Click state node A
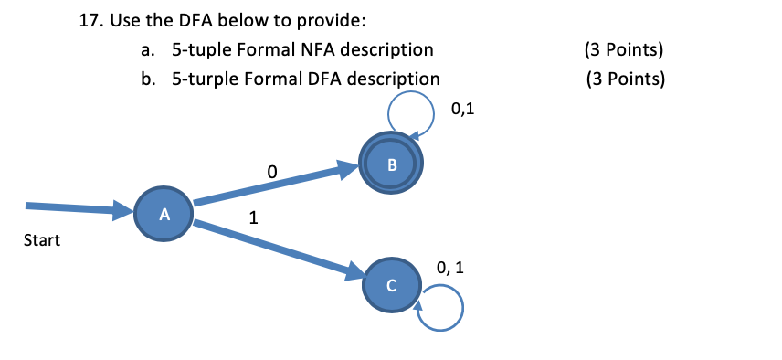164,215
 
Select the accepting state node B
392,164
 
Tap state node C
391,285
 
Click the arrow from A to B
274,186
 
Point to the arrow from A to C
274,247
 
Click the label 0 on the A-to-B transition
270,171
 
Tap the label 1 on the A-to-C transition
253,218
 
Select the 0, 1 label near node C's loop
450,269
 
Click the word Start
42,241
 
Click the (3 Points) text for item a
623,49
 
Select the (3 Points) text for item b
627,79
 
